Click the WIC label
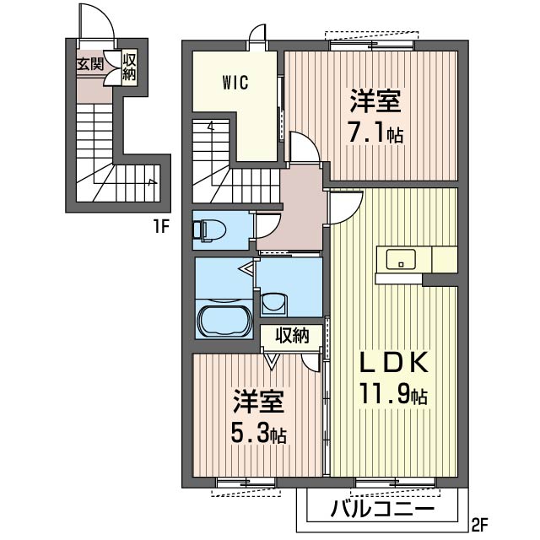tap(235, 83)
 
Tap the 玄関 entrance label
tap(90, 64)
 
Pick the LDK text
tap(394, 362)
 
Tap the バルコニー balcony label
tap(382, 509)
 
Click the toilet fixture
tap(209, 229)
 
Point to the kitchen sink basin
tap(401, 259)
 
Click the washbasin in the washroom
tap(273, 305)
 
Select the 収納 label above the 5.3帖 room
tap(292, 335)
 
